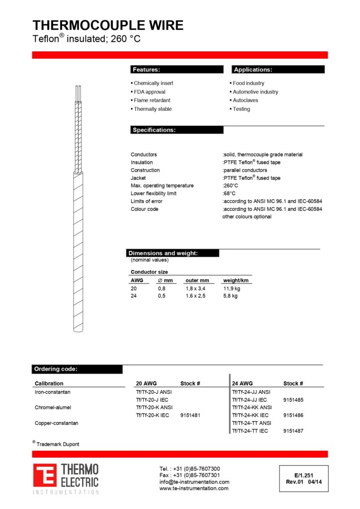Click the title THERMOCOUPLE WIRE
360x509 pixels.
point(108,25)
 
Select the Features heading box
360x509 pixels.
point(177,70)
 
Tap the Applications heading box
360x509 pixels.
point(278,70)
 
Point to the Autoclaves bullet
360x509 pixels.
point(245,100)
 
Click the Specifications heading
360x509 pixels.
point(177,130)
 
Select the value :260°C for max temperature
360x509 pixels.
point(230,186)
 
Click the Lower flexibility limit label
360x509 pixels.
point(153,193)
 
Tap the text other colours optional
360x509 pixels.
point(247,217)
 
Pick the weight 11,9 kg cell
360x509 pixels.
point(232,288)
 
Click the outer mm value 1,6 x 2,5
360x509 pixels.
point(195,296)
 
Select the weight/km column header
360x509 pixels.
point(236,280)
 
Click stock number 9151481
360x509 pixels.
point(190,415)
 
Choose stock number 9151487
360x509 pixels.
point(293,431)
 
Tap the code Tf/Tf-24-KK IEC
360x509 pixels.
point(251,415)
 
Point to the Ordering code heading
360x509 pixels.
point(77,369)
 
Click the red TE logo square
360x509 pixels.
point(45,476)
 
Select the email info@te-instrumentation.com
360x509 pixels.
point(194,482)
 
